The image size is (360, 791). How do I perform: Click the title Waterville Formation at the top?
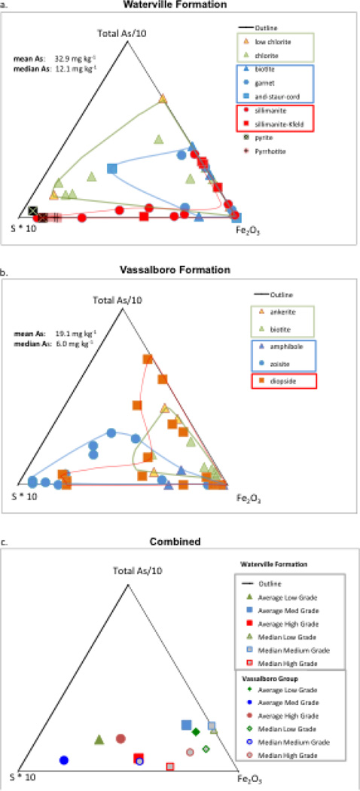pos(181,4)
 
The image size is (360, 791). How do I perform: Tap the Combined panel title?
pos(181,542)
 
